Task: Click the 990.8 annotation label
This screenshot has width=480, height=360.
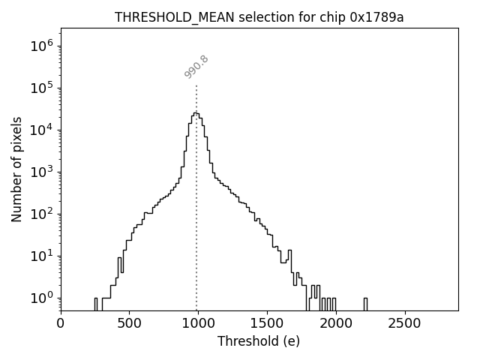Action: (196, 67)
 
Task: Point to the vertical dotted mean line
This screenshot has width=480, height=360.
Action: (196, 225)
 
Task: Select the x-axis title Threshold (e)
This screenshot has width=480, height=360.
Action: (258, 341)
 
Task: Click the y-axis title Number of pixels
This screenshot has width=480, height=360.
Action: (16, 169)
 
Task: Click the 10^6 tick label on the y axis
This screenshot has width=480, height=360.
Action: (42, 46)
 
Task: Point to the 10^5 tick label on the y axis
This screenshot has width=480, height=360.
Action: (42, 88)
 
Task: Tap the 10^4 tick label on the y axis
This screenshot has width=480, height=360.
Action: (42, 130)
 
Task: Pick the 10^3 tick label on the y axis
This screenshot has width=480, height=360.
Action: (42, 172)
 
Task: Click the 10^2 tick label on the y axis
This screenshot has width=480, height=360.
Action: (42, 214)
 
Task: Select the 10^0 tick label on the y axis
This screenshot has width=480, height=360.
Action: (42, 298)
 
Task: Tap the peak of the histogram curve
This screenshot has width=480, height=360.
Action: (195, 113)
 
